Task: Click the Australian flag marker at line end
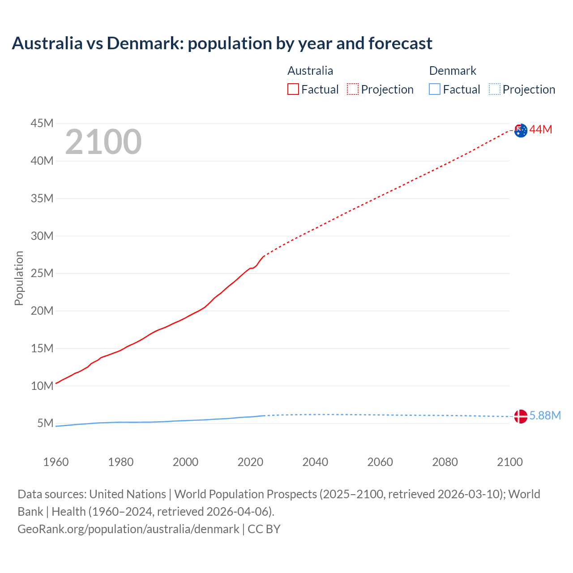pos(521,131)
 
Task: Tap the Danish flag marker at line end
pos(521,416)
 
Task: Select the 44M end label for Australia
pos(541,130)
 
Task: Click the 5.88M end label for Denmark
pos(545,416)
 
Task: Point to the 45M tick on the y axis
pos(42,123)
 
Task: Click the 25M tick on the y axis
pos(42,273)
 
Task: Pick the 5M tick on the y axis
pos(45,423)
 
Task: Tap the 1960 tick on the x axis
pos(56,462)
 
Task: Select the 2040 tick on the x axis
pos(315,462)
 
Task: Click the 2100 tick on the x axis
pos(509,462)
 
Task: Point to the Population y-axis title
pos(19,278)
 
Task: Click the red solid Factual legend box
pos(293,90)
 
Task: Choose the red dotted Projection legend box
pos(353,90)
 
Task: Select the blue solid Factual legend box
pos(435,90)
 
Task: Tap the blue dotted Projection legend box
pos(495,90)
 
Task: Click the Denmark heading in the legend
pos(453,71)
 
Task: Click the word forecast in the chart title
pos(400,43)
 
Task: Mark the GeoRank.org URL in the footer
pos(128,529)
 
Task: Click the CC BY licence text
pos(264,529)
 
